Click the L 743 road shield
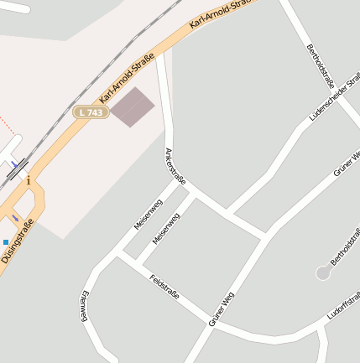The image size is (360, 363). tap(91, 111)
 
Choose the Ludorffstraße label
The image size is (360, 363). tap(345, 306)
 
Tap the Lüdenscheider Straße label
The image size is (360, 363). tap(335, 96)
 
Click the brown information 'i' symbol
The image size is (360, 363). tap(29, 180)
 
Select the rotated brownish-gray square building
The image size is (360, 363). tap(133, 107)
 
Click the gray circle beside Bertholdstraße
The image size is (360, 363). tap(323, 272)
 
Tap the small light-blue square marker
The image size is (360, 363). tap(6, 241)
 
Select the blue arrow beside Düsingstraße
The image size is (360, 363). tap(15, 218)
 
